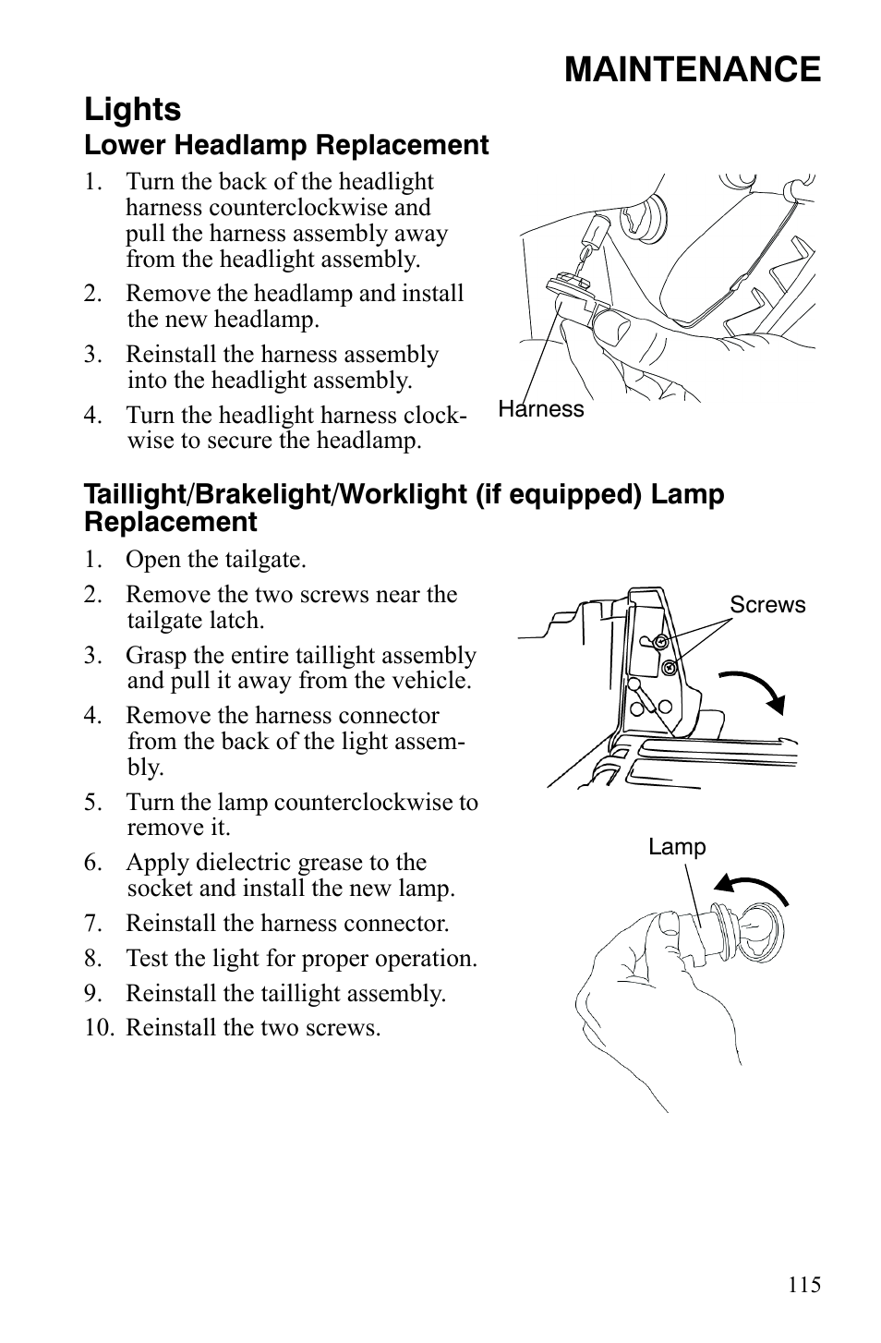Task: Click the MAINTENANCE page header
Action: tap(692, 70)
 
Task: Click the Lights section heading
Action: tap(132, 110)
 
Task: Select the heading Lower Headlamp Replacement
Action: tap(286, 146)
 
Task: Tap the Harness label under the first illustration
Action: tap(541, 409)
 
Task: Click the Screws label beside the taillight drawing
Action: tap(767, 605)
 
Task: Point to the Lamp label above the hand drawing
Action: tap(677, 847)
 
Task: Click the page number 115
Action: tap(804, 1285)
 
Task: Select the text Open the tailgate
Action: tap(215, 560)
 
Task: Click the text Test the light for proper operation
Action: tap(301, 959)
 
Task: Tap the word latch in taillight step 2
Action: tap(242, 621)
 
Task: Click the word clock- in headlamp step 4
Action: tap(439, 416)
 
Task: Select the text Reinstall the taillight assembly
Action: tap(285, 994)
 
